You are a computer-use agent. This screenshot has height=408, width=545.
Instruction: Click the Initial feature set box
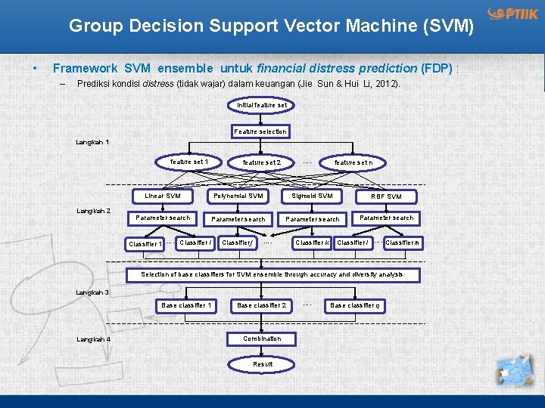pyautogui.click(x=261, y=105)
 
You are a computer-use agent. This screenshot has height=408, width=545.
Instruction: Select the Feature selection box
pyautogui.click(x=260, y=131)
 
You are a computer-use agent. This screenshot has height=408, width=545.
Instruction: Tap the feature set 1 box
pyautogui.click(x=188, y=162)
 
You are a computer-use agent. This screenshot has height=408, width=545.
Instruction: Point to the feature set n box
pyautogui.click(x=353, y=162)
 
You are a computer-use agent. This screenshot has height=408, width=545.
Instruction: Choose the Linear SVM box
pyautogui.click(x=163, y=196)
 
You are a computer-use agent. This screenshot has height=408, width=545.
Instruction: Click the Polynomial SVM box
pyautogui.click(x=238, y=196)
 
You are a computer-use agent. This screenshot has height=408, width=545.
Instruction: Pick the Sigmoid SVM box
pyautogui.click(x=312, y=196)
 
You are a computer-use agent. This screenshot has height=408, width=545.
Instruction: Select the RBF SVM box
pyautogui.click(x=386, y=196)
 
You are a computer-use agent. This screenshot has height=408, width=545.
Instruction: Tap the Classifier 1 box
pyautogui.click(x=145, y=244)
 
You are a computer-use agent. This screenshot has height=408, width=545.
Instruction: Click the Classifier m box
pyautogui.click(x=403, y=243)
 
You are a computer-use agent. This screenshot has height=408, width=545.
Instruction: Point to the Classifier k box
pyautogui.click(x=312, y=243)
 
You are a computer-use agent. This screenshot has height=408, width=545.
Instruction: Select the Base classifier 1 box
pyautogui.click(x=186, y=305)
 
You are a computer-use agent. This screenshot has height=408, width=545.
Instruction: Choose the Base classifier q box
pyautogui.click(x=354, y=305)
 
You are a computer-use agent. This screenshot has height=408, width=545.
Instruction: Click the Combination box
pyautogui.click(x=262, y=338)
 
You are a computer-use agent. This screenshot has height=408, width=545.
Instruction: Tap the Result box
pyautogui.click(x=263, y=364)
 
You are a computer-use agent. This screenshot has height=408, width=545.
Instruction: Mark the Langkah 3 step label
pyautogui.click(x=93, y=292)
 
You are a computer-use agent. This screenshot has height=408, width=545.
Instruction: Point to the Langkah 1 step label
pyautogui.click(x=93, y=142)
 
